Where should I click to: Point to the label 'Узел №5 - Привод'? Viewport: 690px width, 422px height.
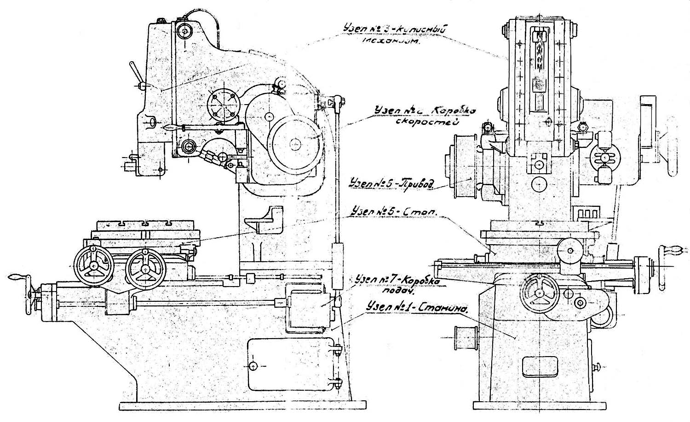(x=391, y=182)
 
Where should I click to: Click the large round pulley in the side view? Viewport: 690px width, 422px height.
(x=294, y=144)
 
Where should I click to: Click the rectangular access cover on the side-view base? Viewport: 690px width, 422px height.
(x=290, y=365)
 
